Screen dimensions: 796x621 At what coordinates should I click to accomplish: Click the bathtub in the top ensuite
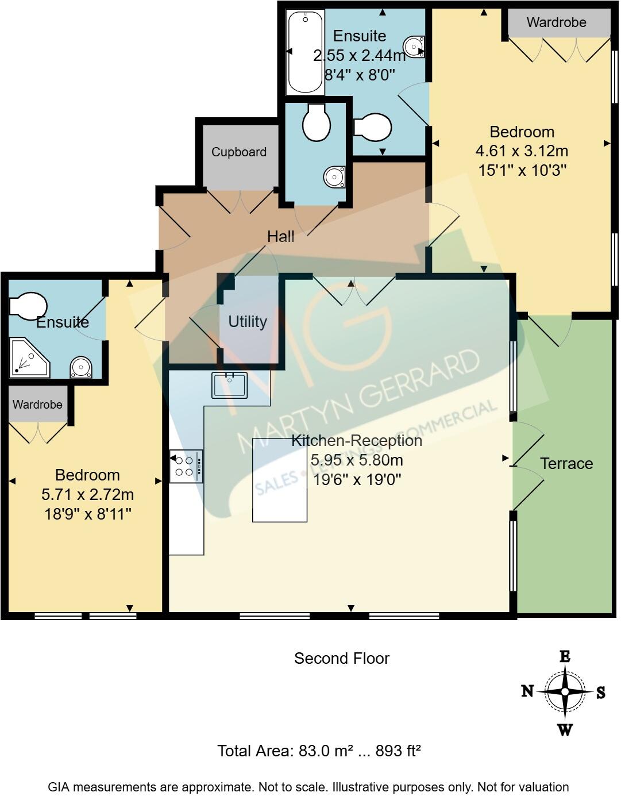[x=305, y=52]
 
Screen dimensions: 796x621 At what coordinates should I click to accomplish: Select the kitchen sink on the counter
[x=229, y=385]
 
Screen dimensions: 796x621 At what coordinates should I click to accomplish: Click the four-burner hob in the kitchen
[x=186, y=466]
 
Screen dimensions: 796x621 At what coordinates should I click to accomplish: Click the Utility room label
[x=248, y=321]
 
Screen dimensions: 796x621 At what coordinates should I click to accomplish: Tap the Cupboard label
[x=239, y=152]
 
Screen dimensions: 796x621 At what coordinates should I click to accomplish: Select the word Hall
[x=281, y=236]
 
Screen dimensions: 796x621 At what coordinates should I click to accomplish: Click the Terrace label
[x=566, y=463]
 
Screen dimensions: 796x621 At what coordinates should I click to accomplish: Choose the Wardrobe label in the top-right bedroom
[x=556, y=22]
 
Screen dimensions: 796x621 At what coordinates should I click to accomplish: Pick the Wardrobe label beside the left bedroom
[x=37, y=405]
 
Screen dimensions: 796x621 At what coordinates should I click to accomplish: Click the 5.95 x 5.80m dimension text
[x=357, y=460]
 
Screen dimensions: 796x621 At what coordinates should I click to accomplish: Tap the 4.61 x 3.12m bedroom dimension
[x=522, y=151]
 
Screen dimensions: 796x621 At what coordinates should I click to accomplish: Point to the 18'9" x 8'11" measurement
[x=88, y=514]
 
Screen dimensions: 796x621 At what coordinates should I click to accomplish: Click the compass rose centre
[x=565, y=691]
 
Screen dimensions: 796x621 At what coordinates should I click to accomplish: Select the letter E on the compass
[x=565, y=657]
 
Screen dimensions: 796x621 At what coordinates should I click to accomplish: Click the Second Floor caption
[x=342, y=659]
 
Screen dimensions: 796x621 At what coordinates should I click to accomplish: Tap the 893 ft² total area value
[x=398, y=751]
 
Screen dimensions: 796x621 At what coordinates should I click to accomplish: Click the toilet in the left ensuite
[x=28, y=306]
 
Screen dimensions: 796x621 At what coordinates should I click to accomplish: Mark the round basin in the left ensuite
[x=81, y=367]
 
